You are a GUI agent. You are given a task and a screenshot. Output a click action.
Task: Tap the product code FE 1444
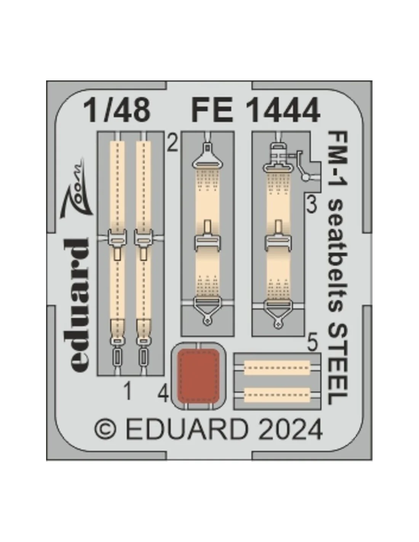pyautogui.click(x=256, y=110)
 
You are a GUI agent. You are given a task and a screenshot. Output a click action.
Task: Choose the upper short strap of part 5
pyautogui.click(x=277, y=368)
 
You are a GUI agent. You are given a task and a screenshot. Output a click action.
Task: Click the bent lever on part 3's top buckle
pyautogui.click(x=301, y=165)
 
